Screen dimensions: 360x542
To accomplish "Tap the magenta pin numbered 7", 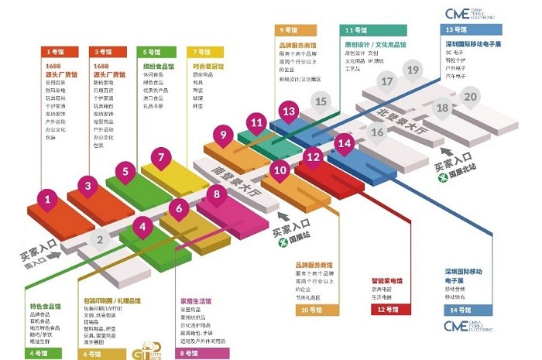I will (160, 158).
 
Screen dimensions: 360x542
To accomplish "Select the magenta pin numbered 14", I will (345, 142).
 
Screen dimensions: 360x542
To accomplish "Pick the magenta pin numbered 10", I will (280, 170).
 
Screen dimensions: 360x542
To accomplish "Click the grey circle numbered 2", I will (99, 239).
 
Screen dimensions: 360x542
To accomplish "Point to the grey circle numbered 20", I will (470, 97).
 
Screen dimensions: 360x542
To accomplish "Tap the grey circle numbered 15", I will (321, 101).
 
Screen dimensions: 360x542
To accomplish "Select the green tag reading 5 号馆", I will (151, 51).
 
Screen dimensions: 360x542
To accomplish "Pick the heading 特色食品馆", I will (44, 307).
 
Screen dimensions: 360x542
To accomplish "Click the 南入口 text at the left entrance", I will (34, 264).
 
